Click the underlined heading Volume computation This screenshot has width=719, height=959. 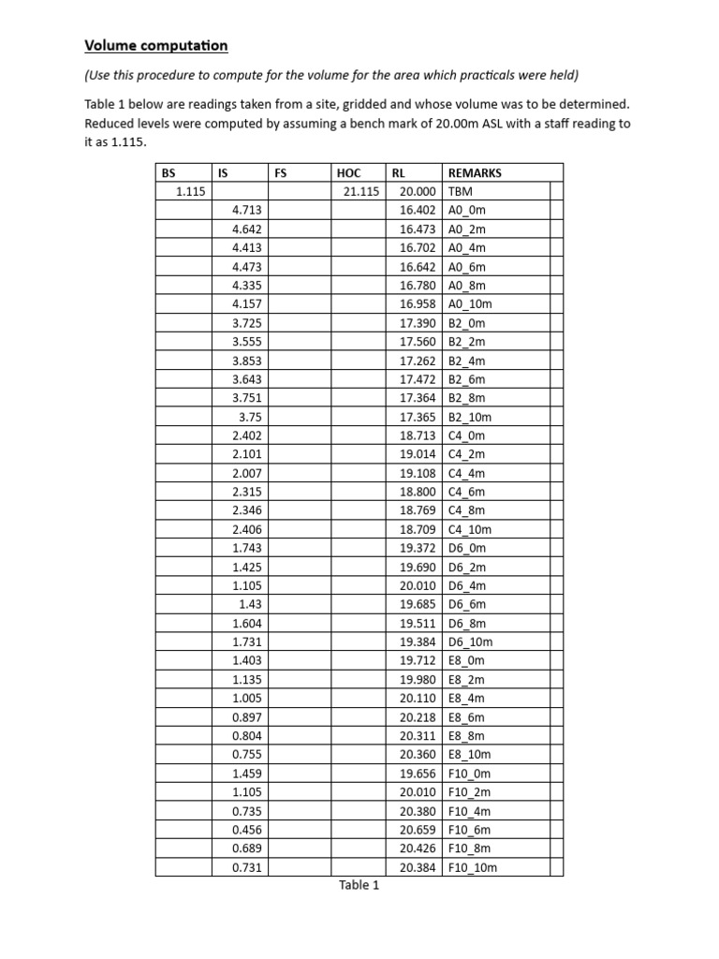[x=155, y=45]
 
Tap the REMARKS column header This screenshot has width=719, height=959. [x=475, y=172]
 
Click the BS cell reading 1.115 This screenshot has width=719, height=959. [x=191, y=191]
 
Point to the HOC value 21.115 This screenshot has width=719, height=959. [x=360, y=191]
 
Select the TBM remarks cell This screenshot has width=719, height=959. [x=461, y=191]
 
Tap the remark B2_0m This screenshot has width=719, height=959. [x=467, y=322]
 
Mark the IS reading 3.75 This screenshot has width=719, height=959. [x=249, y=417]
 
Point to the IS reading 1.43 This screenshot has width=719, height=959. [x=249, y=604]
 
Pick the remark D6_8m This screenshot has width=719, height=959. [x=467, y=623]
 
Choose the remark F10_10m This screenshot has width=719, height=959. [x=473, y=867]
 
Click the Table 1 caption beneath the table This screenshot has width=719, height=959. [x=359, y=886]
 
